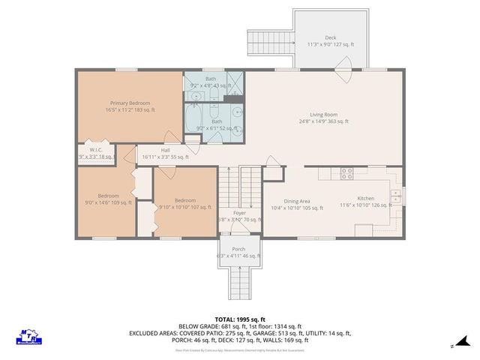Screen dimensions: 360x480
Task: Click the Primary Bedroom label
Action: coord(130,103)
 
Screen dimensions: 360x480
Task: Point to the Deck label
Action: coord(330,37)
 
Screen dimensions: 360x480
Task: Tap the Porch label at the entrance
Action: coord(238,249)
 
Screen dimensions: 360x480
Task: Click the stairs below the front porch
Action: coord(238,284)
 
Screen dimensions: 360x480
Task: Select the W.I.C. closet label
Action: coord(96,149)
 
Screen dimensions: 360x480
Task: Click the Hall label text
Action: coord(165,150)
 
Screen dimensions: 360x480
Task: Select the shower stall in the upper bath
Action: coord(235,79)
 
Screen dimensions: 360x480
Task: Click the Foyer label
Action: coord(238,213)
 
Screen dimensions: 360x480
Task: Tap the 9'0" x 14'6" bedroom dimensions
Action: coord(108,202)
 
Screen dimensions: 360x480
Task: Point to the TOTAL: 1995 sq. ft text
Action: coord(239,319)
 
